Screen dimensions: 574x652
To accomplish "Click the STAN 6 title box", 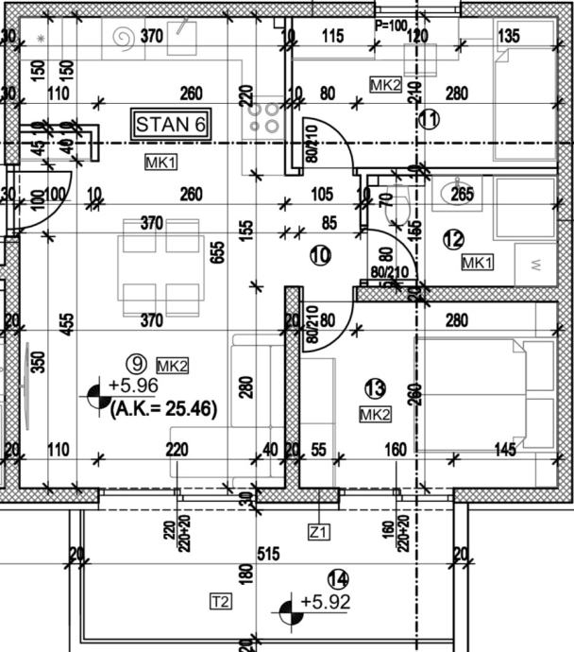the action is point(171,124).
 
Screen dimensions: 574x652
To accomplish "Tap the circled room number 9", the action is point(139,361).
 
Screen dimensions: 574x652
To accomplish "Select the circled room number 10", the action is point(319,254).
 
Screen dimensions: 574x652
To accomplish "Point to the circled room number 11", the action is point(430,119).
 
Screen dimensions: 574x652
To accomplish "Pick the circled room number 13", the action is point(375,387).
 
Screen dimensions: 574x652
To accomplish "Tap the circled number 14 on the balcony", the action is point(337,578).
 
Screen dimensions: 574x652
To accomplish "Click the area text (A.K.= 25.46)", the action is point(164,409).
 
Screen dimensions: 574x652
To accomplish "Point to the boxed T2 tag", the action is point(220,601).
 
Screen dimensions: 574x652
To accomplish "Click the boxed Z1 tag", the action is point(319,533).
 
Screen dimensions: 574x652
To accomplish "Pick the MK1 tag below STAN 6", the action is point(160,163).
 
